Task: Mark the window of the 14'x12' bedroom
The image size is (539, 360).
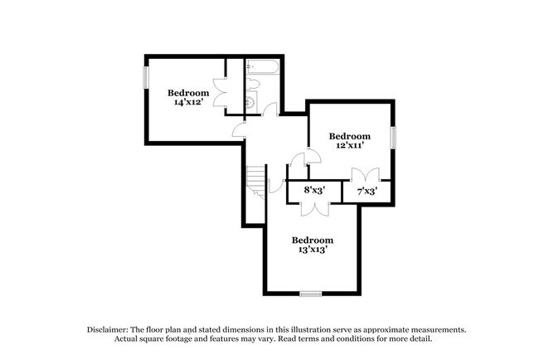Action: tap(146, 77)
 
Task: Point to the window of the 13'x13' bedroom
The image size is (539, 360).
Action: tap(311, 292)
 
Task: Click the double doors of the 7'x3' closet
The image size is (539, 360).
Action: tap(365, 175)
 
